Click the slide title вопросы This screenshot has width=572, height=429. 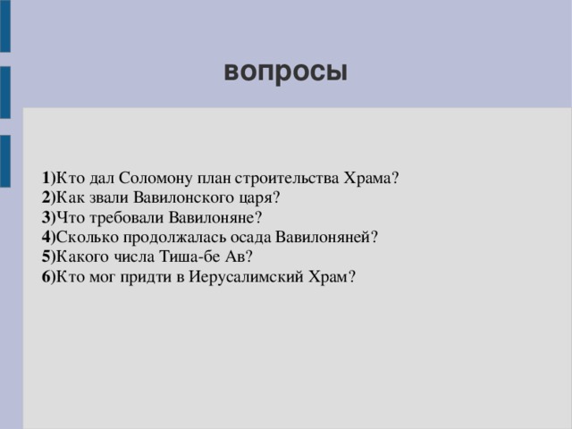[x=285, y=71]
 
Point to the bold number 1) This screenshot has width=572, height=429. [x=47, y=178]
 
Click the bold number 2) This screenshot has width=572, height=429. [x=47, y=198]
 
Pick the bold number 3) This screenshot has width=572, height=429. [x=47, y=217]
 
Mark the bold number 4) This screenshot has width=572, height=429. [x=47, y=237]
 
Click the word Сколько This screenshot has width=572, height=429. [x=82, y=237]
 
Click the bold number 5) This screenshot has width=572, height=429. [x=47, y=257]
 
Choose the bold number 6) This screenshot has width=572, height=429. [x=47, y=276]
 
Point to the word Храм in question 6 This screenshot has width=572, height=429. [x=335, y=276]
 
